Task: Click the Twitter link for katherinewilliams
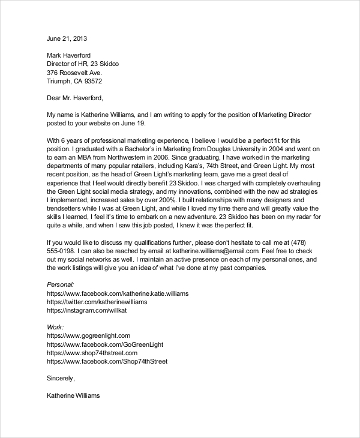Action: click(96, 302)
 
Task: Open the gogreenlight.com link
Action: click(88, 336)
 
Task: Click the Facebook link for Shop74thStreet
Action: click(106, 362)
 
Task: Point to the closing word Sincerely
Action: click(61, 379)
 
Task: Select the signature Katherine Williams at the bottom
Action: click(73, 396)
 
